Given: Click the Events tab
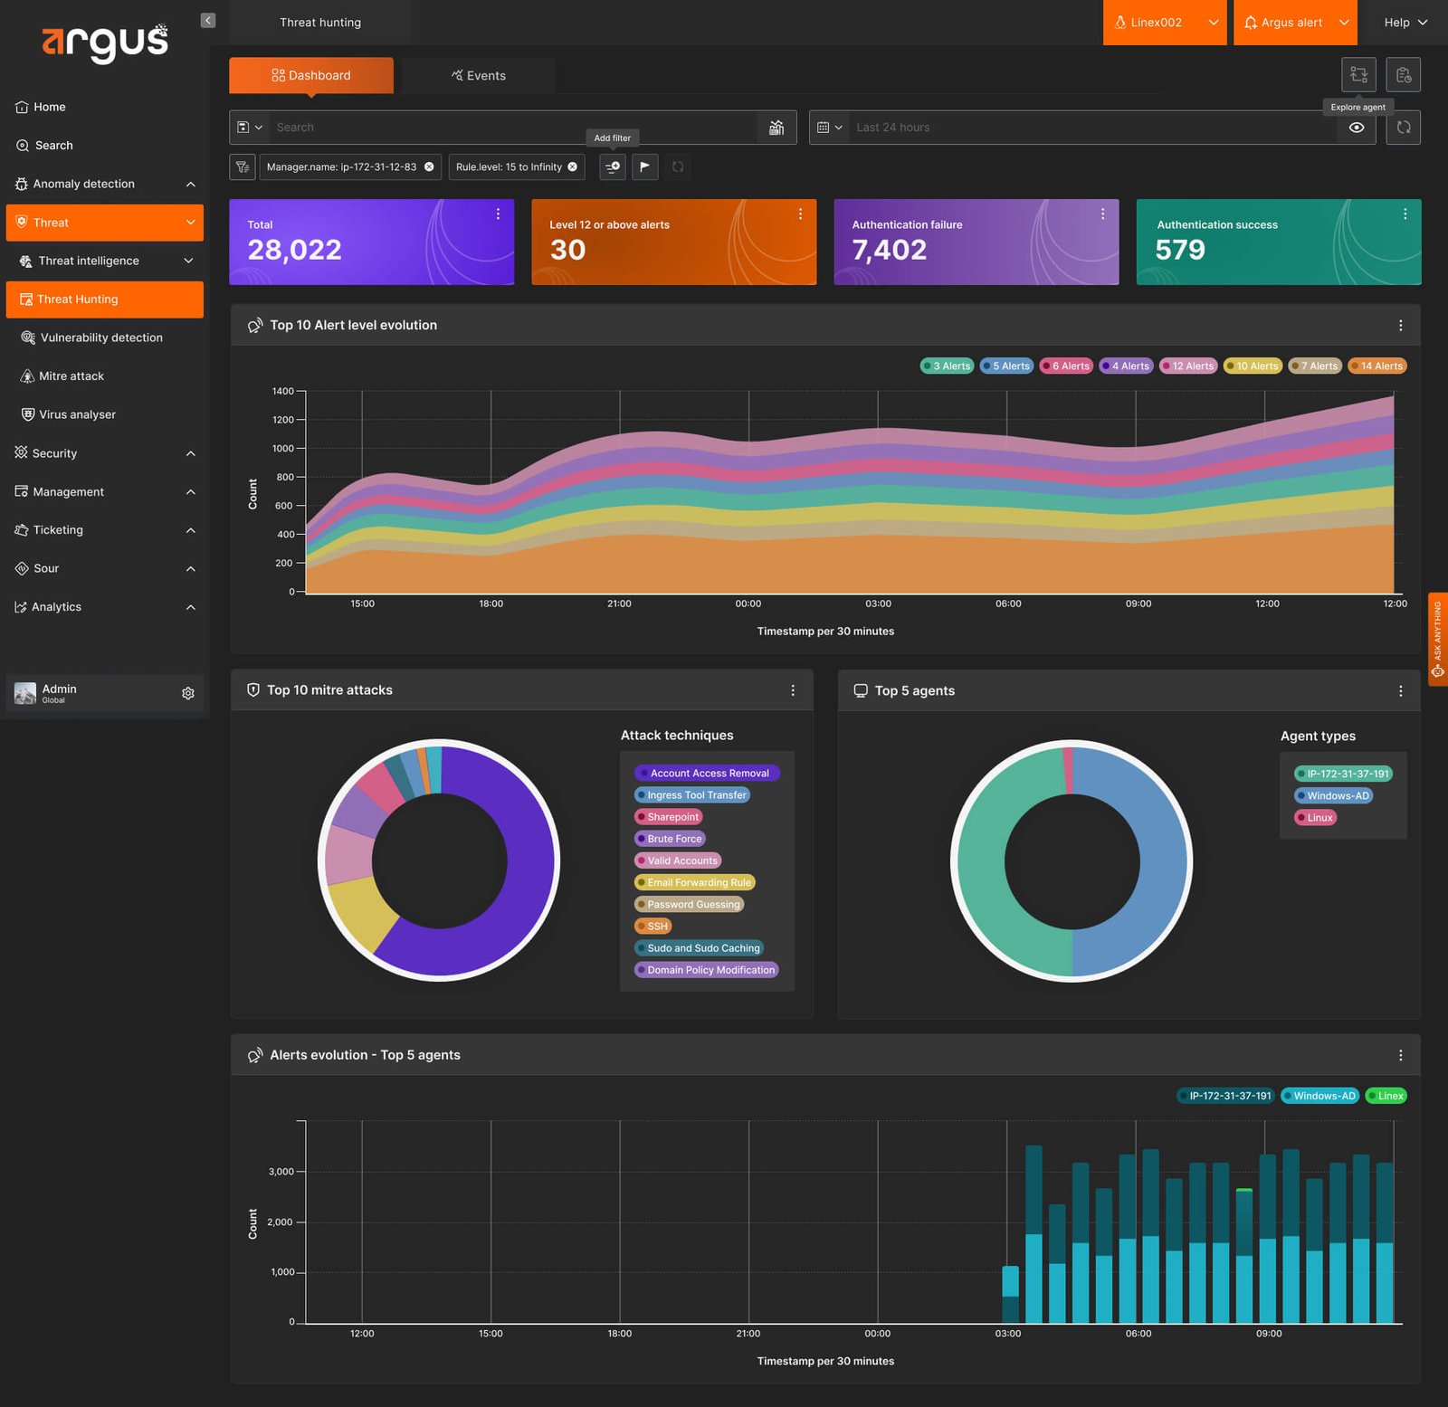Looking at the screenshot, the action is pyautogui.click(x=478, y=75).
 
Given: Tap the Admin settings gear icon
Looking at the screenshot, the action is pyautogui.click(x=188, y=693).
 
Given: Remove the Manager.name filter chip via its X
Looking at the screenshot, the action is pyautogui.click(x=429, y=166).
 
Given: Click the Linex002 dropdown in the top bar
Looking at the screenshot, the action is pyautogui.click(x=1165, y=23).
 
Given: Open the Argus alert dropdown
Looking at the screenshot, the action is pyautogui.click(x=1295, y=23).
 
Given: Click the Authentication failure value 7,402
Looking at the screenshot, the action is pyautogui.click(x=889, y=250).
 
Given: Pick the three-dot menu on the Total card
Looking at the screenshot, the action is pyautogui.click(x=498, y=214).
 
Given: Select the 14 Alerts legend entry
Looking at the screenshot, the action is pyautogui.click(x=1377, y=366).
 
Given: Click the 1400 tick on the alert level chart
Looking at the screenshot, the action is pyautogui.click(x=282, y=391).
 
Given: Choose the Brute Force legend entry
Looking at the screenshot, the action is pyautogui.click(x=670, y=839).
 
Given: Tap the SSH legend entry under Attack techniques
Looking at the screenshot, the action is pyautogui.click(x=653, y=927).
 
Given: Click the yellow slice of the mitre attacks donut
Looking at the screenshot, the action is pyautogui.click(x=359, y=912).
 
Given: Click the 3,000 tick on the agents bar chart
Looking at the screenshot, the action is pyautogui.click(x=281, y=1172).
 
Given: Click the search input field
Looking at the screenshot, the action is pyautogui.click(x=514, y=128).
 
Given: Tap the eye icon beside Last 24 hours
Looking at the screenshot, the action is pyautogui.click(x=1357, y=128).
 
